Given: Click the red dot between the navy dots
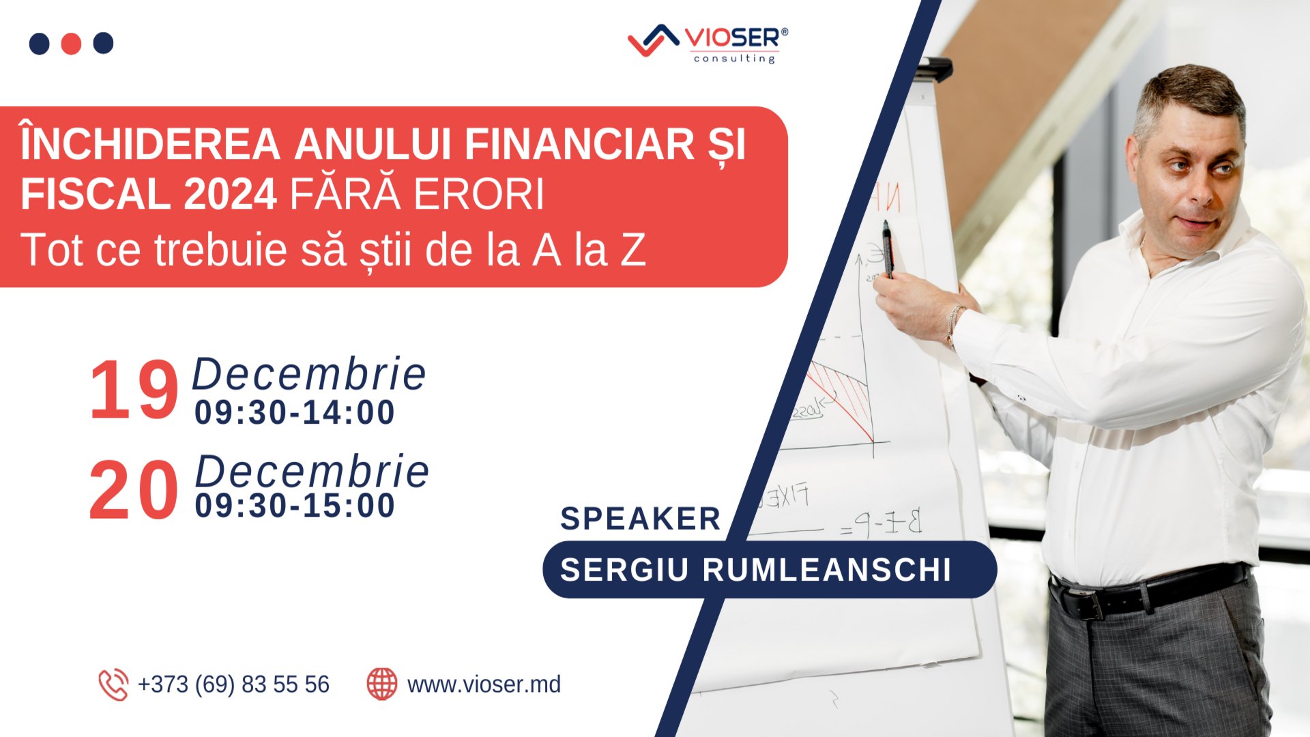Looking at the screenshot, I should (71, 44).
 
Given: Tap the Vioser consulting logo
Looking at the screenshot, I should (708, 44).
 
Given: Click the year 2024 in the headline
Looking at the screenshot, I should (230, 194).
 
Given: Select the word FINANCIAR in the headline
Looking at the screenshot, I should (579, 145).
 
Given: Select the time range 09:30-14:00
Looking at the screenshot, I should (295, 413).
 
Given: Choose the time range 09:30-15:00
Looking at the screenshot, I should (295, 506).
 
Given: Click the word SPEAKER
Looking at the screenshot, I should (640, 519).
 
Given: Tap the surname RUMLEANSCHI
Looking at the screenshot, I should (827, 570).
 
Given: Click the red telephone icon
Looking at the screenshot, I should (113, 684).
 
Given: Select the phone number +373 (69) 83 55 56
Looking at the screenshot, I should (233, 684).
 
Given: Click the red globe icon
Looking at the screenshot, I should (382, 684).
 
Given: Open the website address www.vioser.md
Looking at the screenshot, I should (484, 684).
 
